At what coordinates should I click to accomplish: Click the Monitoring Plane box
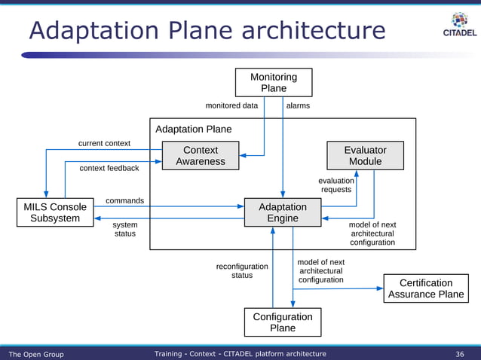(x=273, y=83)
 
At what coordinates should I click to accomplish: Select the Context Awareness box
(x=201, y=155)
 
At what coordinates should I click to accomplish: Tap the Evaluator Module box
(x=365, y=155)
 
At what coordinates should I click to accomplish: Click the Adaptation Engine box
(x=283, y=212)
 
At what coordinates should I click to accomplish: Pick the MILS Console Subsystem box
(x=54, y=212)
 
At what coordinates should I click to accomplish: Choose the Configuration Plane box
(x=283, y=322)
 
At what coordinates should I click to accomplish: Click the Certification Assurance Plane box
(x=425, y=288)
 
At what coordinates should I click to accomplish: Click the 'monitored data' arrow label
(x=231, y=106)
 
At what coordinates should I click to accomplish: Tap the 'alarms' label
(x=298, y=106)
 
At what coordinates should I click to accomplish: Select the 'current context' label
(x=104, y=143)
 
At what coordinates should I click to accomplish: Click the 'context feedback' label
(x=109, y=168)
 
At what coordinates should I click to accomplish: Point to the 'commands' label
(x=124, y=201)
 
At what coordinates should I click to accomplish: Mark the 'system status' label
(x=125, y=229)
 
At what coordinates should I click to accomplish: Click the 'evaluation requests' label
(x=336, y=185)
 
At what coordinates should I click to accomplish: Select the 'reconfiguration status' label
(x=242, y=271)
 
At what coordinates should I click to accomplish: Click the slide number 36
(x=460, y=354)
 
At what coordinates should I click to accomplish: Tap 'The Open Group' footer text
(x=36, y=354)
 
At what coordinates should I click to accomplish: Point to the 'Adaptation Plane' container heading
(x=194, y=130)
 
